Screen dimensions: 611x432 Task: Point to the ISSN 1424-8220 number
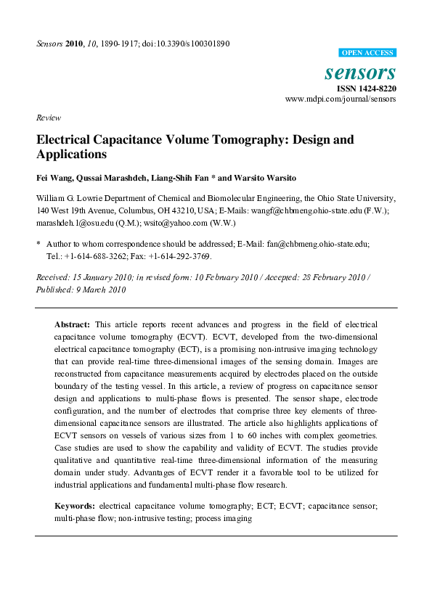pos(366,89)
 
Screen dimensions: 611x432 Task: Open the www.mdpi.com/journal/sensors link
pos(341,99)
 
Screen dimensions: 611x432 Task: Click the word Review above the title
pos(48,118)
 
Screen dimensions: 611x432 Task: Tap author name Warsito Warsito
pos(272,178)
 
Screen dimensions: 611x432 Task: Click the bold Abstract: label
pos(73,323)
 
